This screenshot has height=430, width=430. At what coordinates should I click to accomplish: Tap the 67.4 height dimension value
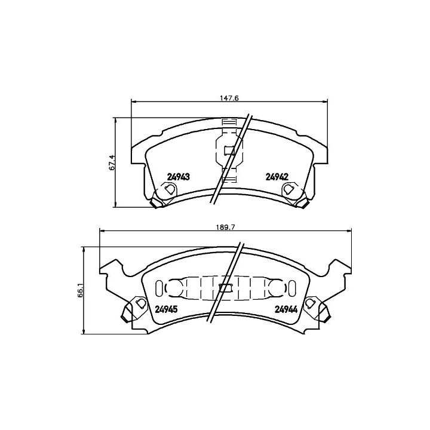tap(112, 162)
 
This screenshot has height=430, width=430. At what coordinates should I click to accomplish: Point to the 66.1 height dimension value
tap(80, 290)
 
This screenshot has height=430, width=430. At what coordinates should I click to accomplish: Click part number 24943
tap(178, 177)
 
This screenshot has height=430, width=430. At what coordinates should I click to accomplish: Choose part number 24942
tap(277, 177)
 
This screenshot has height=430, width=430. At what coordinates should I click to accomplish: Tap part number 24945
tap(167, 309)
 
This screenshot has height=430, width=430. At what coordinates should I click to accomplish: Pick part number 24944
tap(286, 309)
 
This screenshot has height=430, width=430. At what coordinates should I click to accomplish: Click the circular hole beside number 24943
tap(170, 189)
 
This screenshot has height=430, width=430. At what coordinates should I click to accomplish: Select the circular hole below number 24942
tap(288, 189)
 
